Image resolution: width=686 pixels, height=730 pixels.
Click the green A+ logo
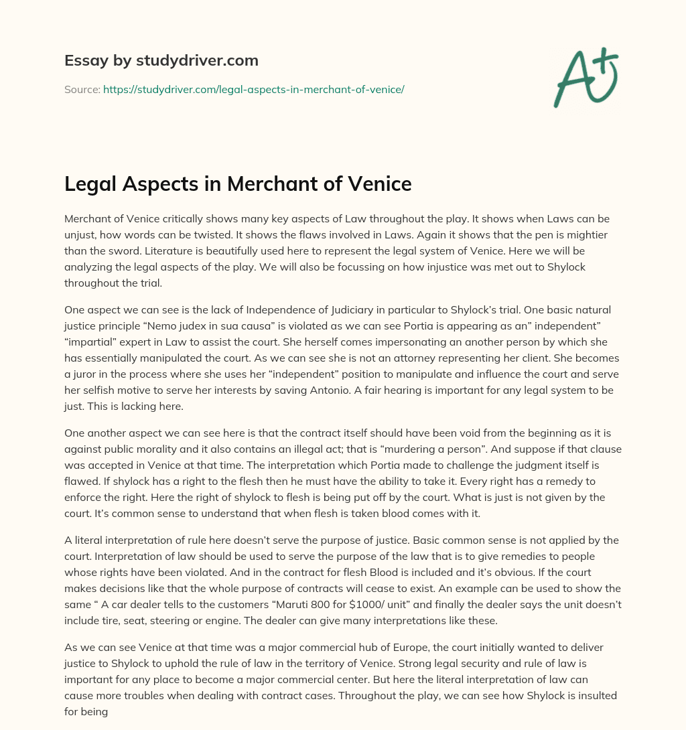tap(586, 77)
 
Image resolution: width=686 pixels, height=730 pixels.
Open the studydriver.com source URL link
tap(253, 88)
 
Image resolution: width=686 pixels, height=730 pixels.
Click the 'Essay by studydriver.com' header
tap(161, 60)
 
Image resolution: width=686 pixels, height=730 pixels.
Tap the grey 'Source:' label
tap(82, 88)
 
